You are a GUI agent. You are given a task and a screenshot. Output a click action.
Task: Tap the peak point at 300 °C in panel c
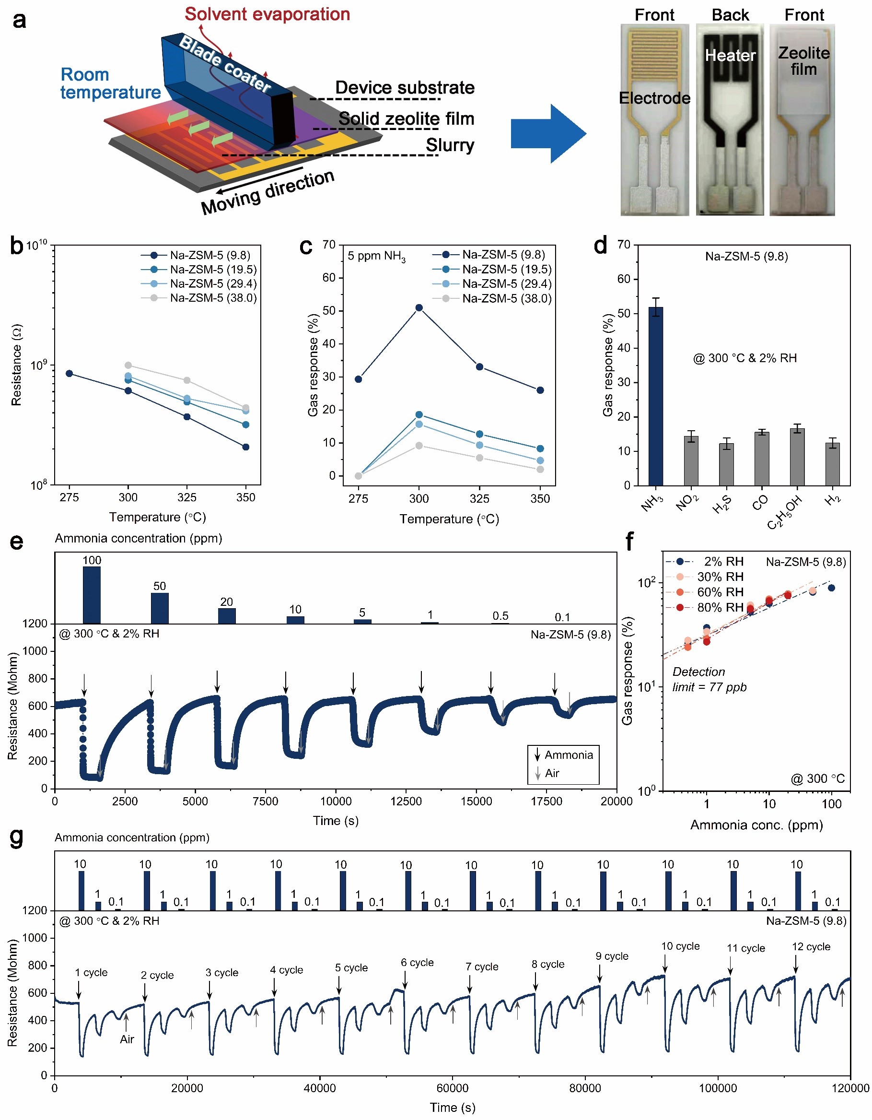(x=419, y=307)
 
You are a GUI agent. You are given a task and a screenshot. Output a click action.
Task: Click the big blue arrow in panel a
(x=548, y=134)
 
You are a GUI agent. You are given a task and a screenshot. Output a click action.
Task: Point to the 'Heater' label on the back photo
(x=730, y=55)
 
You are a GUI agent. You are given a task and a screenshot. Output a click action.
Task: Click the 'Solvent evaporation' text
(x=267, y=14)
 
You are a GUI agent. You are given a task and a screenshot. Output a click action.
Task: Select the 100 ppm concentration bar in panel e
(x=92, y=595)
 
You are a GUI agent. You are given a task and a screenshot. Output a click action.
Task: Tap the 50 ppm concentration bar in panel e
(x=160, y=608)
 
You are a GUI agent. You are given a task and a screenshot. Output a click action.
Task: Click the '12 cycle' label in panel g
(x=811, y=947)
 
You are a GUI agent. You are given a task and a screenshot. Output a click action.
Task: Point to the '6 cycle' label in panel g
(x=417, y=963)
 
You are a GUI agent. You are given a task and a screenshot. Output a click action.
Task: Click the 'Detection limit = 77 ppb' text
(x=709, y=680)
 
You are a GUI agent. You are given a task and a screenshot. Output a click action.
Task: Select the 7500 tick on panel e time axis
(x=266, y=802)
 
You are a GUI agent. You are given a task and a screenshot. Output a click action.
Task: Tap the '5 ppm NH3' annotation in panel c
(x=376, y=256)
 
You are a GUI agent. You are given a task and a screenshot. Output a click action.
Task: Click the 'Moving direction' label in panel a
(x=267, y=192)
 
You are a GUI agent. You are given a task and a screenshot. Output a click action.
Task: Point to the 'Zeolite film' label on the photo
(x=803, y=60)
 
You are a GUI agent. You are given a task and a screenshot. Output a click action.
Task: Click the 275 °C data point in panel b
(x=69, y=373)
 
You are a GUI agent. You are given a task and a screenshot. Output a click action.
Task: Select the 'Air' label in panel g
(x=127, y=1039)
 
